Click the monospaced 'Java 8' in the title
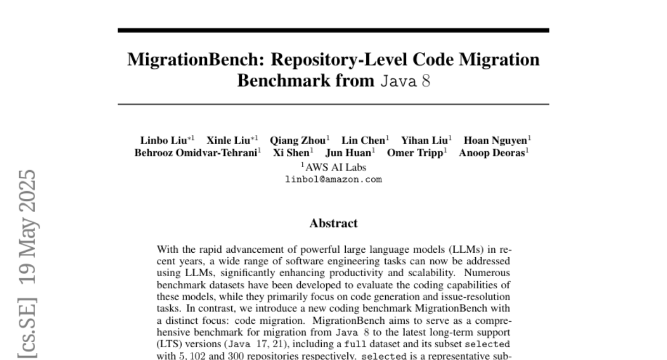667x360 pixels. (x=406, y=81)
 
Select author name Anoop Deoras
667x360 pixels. (x=491, y=153)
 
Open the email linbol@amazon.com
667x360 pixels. (x=333, y=179)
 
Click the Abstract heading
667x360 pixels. (x=333, y=223)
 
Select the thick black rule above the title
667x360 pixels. (x=333, y=30)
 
